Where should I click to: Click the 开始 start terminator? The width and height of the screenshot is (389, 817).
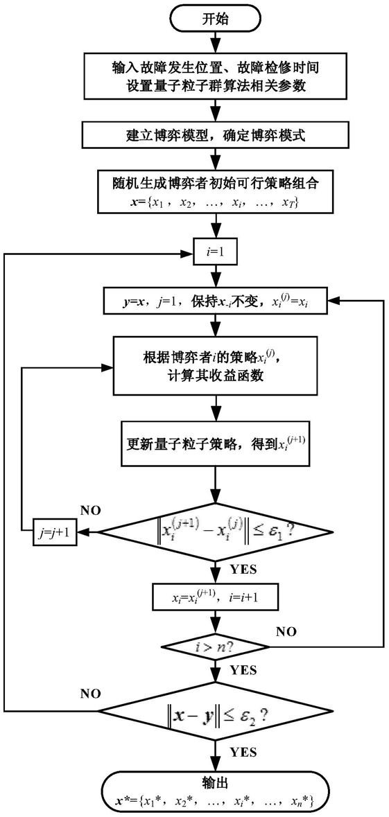point(214,19)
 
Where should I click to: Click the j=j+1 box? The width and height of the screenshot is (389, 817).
point(55,532)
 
